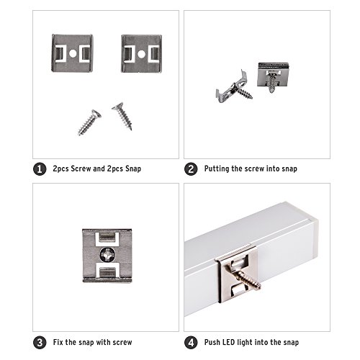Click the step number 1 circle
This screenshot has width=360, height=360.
[x=40, y=169]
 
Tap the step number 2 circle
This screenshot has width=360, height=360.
[x=191, y=169]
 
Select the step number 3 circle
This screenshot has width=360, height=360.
[x=40, y=343]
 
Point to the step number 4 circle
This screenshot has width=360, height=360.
[x=191, y=343]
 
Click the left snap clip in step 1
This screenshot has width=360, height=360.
[x=72, y=53]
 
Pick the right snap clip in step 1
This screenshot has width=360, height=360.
[x=141, y=54]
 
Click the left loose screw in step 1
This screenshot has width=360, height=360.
[x=89, y=122]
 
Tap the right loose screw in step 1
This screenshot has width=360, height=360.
[x=122, y=116]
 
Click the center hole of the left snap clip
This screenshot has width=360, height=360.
[x=73, y=53]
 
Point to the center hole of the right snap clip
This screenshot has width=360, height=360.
[x=141, y=54]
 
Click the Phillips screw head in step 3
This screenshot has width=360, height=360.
[x=107, y=255]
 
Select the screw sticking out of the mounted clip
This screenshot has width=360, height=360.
[x=248, y=277]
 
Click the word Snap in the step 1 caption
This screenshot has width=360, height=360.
[x=133, y=168]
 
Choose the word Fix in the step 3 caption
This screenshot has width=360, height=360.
[x=58, y=342]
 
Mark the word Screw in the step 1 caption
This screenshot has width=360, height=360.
[x=81, y=168]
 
